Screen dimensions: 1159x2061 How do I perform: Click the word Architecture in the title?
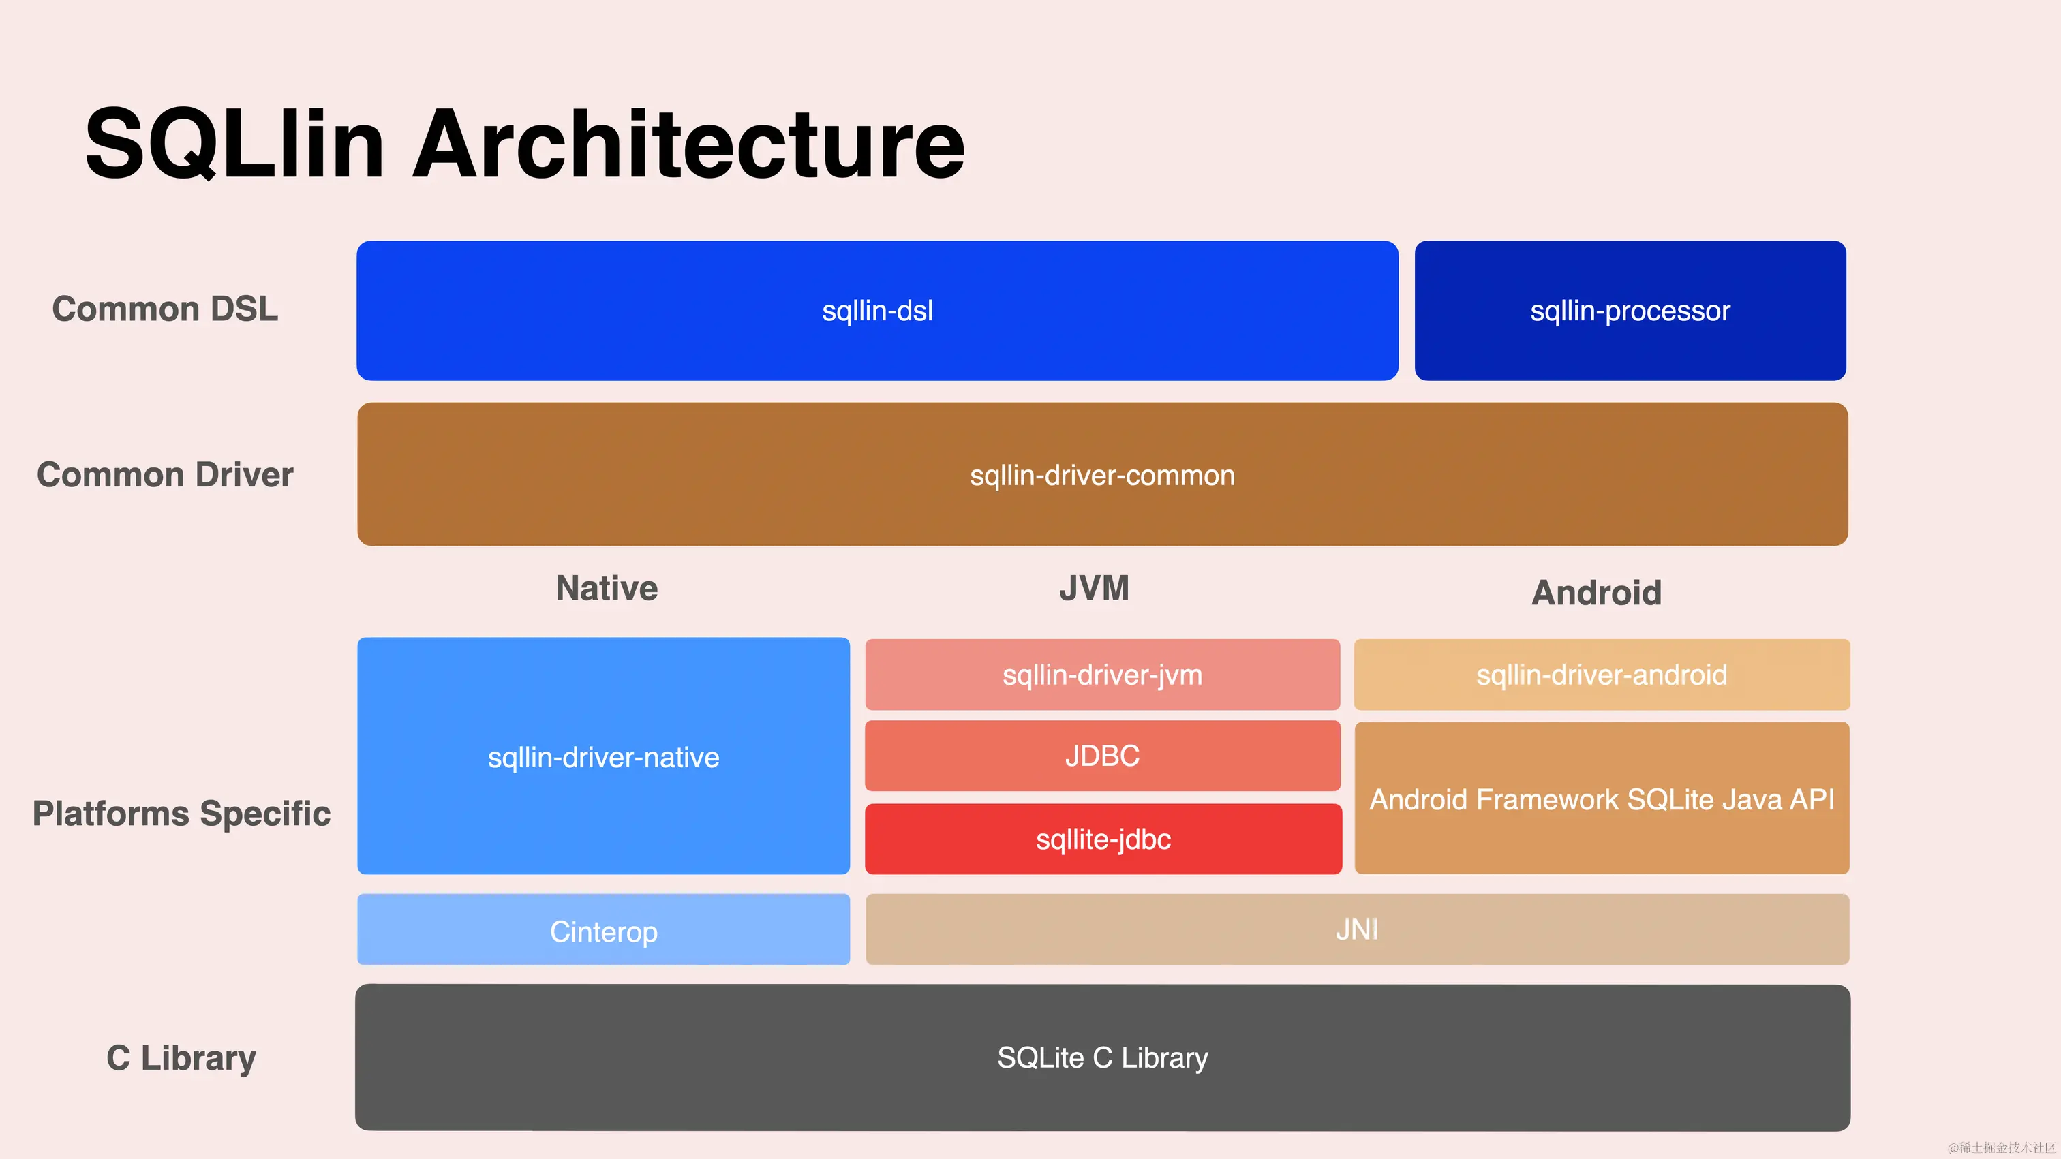(x=688, y=144)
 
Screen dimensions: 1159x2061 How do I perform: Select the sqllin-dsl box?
(x=877, y=310)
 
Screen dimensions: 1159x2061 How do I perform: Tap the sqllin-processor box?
(x=1630, y=310)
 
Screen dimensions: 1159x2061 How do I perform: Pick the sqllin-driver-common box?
(x=1101, y=475)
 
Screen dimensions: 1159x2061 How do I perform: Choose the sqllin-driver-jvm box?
(x=1101, y=675)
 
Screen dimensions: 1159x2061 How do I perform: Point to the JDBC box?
(x=1101, y=756)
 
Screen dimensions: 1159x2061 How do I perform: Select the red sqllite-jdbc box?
(x=1103, y=839)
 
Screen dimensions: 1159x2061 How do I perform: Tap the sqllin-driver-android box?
(x=1601, y=675)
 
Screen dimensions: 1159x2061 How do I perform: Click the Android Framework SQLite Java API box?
(x=1601, y=799)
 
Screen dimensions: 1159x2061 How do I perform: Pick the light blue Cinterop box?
(x=603, y=930)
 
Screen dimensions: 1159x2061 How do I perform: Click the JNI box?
(x=1357, y=929)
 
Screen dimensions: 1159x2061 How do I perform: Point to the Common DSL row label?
(x=165, y=309)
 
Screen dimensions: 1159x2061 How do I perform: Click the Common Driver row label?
(x=165, y=475)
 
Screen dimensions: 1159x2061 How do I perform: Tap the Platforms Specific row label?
(x=181, y=814)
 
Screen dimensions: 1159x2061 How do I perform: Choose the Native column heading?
(x=607, y=589)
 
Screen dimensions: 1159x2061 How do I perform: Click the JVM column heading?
(x=1094, y=589)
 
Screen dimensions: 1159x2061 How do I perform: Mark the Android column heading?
(x=1596, y=593)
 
